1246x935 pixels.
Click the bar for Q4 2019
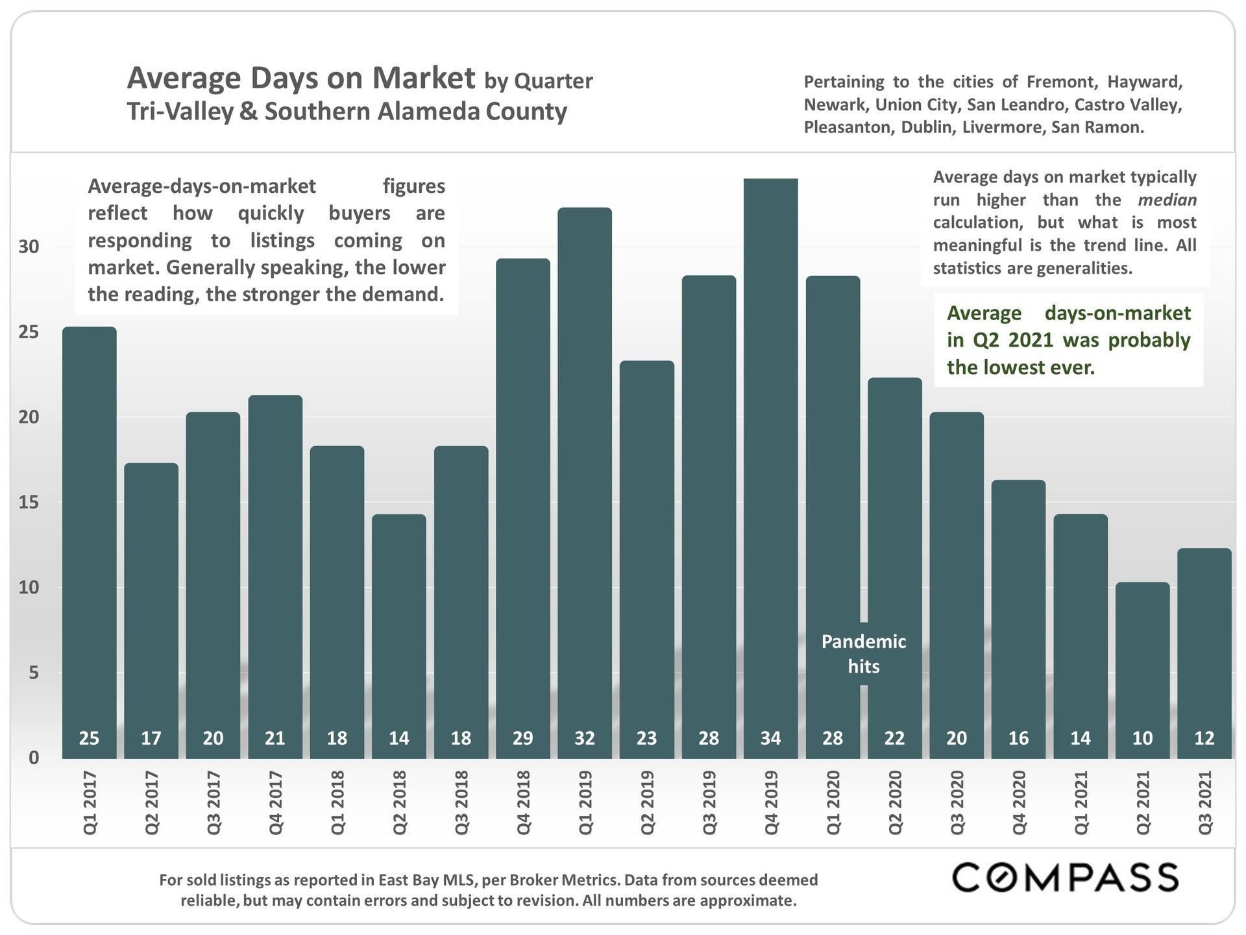(770, 467)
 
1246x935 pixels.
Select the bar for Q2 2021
(1142, 669)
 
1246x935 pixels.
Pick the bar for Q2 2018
(398, 636)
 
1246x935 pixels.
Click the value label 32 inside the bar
(585, 738)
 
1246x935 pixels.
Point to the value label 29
(522, 738)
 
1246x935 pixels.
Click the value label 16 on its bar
(1018, 738)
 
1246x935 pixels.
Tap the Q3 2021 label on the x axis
(1205, 803)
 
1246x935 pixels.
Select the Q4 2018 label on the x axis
(523, 803)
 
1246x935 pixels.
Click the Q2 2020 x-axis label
(895, 803)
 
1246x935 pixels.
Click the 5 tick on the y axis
(34, 673)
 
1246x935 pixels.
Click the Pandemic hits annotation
(863, 654)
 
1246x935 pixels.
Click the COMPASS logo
(1064, 878)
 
